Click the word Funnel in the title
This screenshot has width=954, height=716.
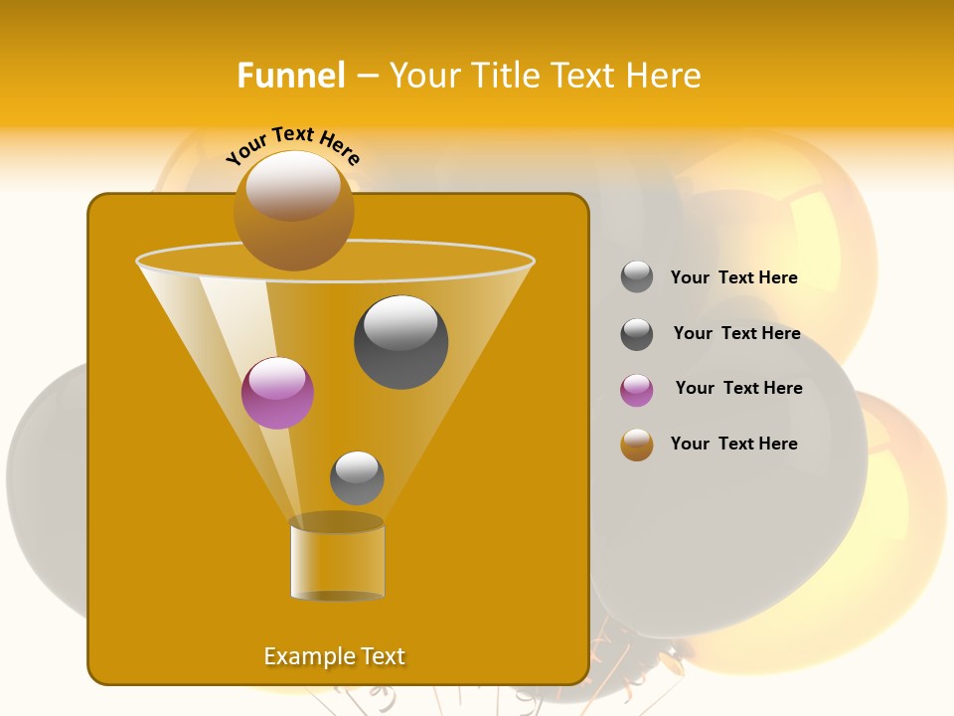tap(290, 76)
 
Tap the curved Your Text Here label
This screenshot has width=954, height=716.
tap(293, 146)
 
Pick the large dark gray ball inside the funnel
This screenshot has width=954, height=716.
tap(400, 343)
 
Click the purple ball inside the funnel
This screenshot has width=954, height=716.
tap(277, 393)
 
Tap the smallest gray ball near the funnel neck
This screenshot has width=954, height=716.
tap(357, 478)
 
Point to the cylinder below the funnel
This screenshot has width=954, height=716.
tap(337, 559)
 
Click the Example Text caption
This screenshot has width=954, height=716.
tap(334, 656)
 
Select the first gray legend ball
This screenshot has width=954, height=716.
tap(637, 277)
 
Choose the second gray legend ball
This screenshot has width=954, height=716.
tap(637, 334)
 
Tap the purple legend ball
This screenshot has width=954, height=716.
tap(637, 390)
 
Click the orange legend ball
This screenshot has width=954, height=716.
tap(637, 445)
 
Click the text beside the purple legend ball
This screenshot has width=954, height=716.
tap(738, 388)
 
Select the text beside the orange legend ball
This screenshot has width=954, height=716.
tap(733, 444)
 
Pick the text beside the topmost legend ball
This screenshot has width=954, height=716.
tap(733, 277)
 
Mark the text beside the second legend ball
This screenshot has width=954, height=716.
tap(736, 333)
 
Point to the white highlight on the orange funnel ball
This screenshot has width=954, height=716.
tap(292, 184)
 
